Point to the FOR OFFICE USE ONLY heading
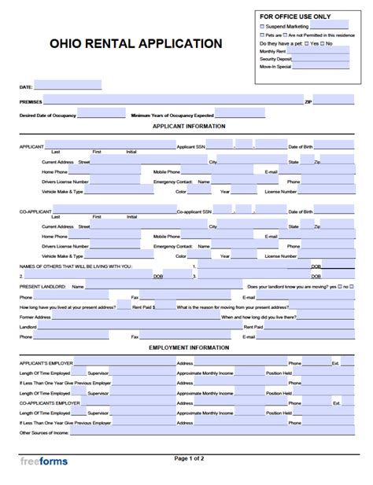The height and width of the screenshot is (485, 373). pos(294,16)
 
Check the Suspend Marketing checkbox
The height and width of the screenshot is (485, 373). pos(263,26)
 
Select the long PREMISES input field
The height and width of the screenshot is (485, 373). pos(173,101)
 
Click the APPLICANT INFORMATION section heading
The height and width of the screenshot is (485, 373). pos(189,126)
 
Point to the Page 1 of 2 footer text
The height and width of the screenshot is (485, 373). pos(189,457)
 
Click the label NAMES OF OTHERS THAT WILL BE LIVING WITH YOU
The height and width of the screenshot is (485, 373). pos(75,266)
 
